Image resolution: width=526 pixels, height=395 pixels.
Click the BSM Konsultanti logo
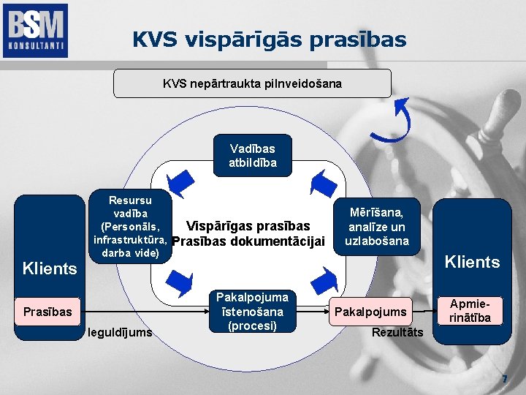click(x=35, y=30)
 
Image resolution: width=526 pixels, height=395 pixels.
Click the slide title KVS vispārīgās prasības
click(x=269, y=39)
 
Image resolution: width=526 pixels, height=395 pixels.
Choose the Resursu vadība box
click(x=130, y=226)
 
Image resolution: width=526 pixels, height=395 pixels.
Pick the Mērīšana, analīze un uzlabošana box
click(x=377, y=226)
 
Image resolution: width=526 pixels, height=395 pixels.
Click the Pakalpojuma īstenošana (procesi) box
click(x=252, y=311)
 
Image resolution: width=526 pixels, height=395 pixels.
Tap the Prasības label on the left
click(x=47, y=312)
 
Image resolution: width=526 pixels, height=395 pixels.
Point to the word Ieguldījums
click(x=120, y=333)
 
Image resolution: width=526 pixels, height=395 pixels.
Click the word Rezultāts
click(x=397, y=333)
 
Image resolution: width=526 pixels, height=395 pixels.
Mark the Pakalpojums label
click(x=370, y=312)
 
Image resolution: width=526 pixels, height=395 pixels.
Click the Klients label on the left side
click(x=50, y=268)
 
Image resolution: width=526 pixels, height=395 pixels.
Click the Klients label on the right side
click(x=473, y=262)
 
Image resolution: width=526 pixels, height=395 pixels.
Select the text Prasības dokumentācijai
click(x=248, y=241)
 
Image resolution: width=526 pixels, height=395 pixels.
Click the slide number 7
click(x=503, y=379)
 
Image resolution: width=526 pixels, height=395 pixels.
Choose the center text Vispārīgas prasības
click(x=248, y=226)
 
